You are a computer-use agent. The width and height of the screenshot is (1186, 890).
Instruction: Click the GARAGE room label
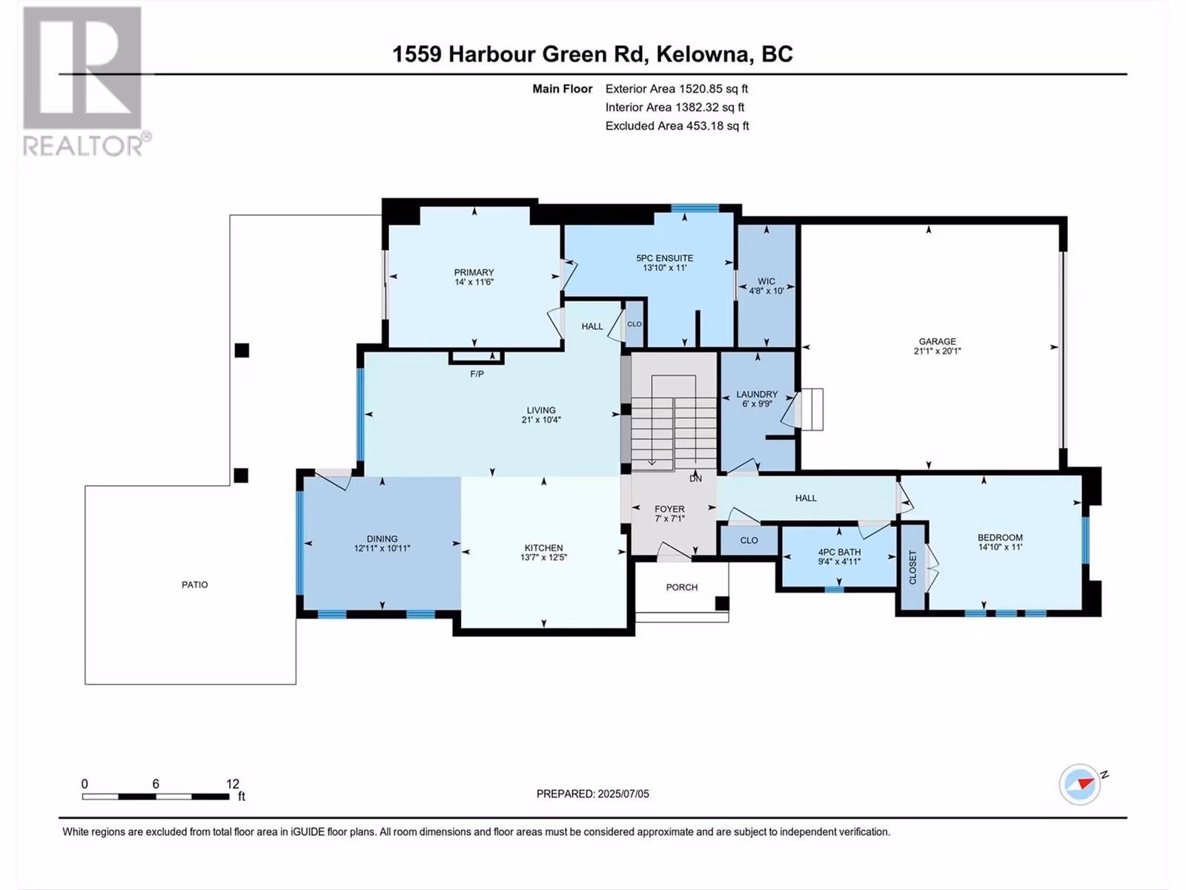(937, 341)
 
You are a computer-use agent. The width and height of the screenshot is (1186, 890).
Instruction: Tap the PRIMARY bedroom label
(474, 272)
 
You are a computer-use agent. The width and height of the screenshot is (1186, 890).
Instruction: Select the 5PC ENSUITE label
(665, 258)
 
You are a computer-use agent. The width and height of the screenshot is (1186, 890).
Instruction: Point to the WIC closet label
(766, 282)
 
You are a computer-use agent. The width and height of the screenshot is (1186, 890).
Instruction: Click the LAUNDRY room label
(757, 395)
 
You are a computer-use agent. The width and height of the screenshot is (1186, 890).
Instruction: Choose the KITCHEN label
(543, 548)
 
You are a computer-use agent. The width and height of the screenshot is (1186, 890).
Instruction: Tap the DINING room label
(382, 538)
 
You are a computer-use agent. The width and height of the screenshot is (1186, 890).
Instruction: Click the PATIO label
(194, 584)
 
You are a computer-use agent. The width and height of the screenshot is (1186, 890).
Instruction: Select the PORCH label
(682, 587)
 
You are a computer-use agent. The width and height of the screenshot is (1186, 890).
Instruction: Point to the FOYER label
(669, 509)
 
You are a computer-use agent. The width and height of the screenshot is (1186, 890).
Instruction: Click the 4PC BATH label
(839, 553)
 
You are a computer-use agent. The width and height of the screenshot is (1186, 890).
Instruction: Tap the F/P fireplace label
(477, 374)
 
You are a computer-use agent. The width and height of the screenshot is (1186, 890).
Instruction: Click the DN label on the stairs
(695, 479)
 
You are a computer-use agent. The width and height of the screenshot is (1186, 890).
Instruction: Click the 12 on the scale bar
(232, 783)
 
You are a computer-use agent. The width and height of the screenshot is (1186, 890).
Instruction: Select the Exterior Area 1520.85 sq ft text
(677, 88)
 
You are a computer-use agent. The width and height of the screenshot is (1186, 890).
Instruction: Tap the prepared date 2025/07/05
(623, 794)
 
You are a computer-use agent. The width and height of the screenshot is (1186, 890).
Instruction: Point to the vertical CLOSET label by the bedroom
(912, 567)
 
